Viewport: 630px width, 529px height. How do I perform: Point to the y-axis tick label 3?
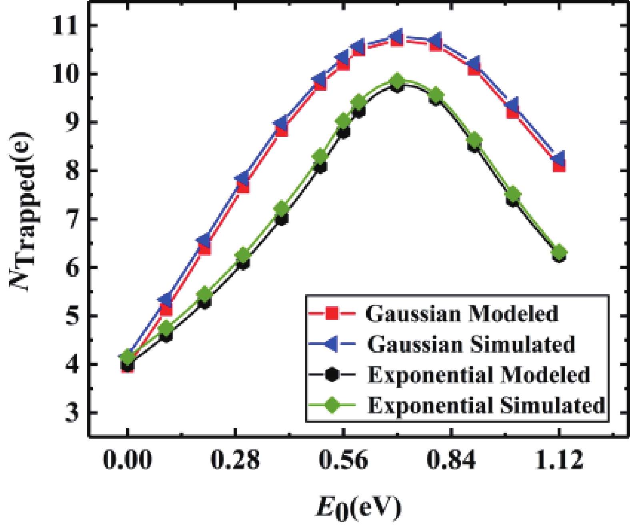point(72,412)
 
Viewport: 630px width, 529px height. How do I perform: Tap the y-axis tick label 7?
point(72,219)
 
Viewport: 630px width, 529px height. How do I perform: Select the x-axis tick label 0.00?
point(127,459)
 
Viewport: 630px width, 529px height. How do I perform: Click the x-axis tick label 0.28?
point(235,459)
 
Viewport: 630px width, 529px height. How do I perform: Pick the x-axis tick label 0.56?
point(343,459)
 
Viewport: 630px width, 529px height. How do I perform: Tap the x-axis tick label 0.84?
point(451,459)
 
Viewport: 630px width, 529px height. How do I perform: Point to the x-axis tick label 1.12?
point(559,459)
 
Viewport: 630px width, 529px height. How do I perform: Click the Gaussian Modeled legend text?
point(462,313)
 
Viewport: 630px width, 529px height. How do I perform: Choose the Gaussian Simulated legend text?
point(471,344)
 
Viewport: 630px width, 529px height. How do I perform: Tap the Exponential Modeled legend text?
point(479,375)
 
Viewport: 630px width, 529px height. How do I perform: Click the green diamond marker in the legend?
point(332,405)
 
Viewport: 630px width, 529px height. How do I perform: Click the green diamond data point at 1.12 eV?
point(559,252)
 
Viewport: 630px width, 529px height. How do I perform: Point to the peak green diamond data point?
point(397,81)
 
